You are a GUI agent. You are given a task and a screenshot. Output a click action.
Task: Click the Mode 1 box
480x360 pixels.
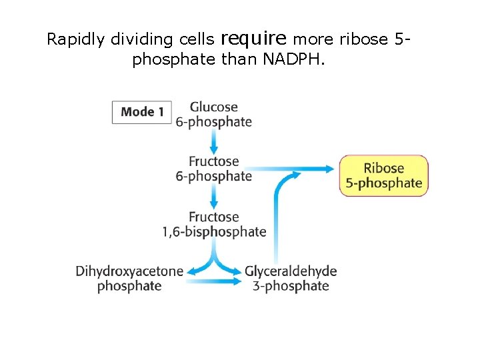(x=142, y=112)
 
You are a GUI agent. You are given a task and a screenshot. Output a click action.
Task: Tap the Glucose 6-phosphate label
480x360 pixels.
(x=213, y=114)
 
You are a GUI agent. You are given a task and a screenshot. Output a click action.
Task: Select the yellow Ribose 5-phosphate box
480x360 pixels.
(x=384, y=175)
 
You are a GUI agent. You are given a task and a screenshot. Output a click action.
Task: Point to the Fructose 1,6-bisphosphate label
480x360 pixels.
(x=213, y=225)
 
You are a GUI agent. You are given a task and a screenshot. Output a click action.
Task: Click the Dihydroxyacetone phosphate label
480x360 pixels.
(x=129, y=279)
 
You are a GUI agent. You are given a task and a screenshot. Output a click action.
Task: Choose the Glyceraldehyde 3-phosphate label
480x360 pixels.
(x=291, y=279)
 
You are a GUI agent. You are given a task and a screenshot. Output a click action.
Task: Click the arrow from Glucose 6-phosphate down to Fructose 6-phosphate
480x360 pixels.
(x=213, y=141)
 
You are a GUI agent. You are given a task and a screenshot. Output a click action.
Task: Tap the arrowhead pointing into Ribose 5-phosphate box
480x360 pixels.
(x=329, y=169)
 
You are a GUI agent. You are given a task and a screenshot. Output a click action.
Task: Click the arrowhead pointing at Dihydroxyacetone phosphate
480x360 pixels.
(x=192, y=271)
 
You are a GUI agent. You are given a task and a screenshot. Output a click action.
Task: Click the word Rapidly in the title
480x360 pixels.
(x=75, y=39)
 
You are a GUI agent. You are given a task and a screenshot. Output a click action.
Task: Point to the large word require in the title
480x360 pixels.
(x=254, y=37)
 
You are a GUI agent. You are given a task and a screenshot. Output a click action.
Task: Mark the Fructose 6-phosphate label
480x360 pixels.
(x=213, y=169)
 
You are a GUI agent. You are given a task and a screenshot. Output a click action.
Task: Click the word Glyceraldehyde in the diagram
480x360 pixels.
(x=291, y=271)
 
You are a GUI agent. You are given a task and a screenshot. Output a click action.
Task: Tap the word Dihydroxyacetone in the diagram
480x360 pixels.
(x=129, y=271)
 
